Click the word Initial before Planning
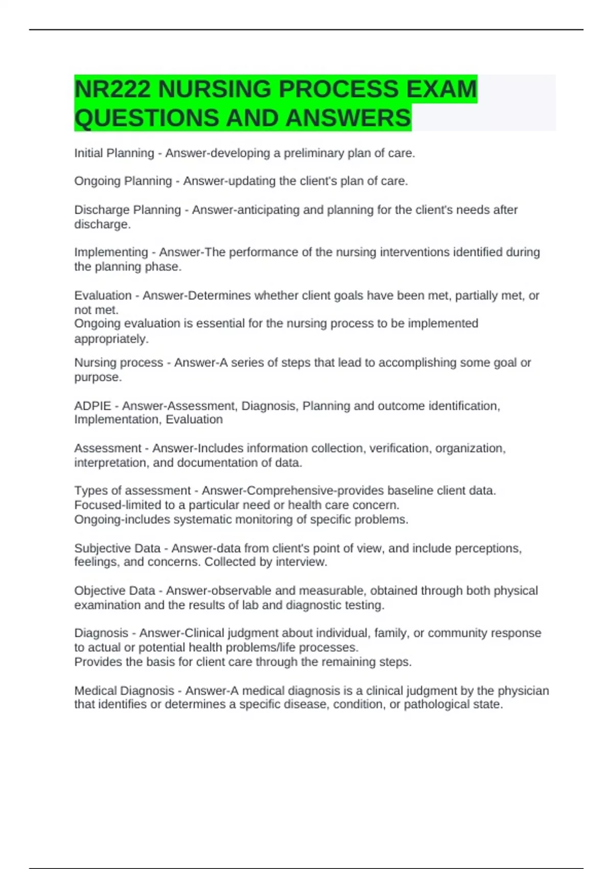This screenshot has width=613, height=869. click(x=88, y=153)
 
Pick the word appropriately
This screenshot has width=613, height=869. click(x=111, y=339)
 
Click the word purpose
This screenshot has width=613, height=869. click(x=97, y=377)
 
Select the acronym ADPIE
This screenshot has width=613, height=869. click(x=92, y=406)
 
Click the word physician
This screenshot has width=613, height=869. click(x=523, y=691)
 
